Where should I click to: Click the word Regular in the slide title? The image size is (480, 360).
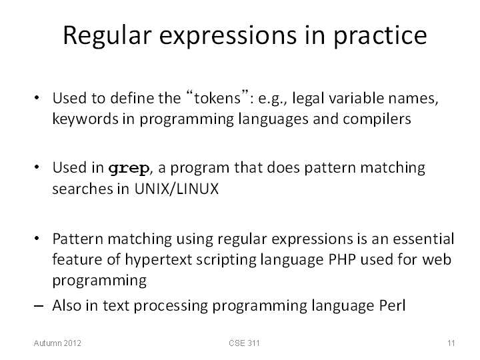click(107, 36)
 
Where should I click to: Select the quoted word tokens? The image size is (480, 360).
click(217, 98)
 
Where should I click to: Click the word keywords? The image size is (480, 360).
click(85, 119)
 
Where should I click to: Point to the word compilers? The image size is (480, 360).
click(377, 119)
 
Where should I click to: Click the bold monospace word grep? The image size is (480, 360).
click(129, 169)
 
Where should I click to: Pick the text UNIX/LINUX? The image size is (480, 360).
click(177, 189)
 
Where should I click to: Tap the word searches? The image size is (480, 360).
click(83, 189)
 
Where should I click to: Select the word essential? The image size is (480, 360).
click(424, 239)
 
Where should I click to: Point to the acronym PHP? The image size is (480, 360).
click(342, 259)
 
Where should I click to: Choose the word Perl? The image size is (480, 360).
click(393, 305)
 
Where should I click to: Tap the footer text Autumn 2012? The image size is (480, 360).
click(57, 343)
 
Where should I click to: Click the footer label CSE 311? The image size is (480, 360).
click(244, 343)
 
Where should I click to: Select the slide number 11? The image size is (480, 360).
click(451, 343)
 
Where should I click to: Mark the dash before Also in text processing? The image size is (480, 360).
click(39, 306)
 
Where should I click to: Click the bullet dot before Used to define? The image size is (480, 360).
click(37, 98)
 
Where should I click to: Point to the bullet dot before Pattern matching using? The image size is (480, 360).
click(37, 239)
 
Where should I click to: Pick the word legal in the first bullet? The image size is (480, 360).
click(308, 99)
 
